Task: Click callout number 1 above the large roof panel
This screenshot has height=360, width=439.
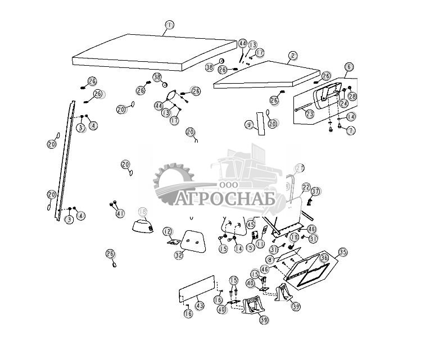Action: point(169,25)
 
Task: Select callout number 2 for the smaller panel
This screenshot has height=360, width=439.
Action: point(293,56)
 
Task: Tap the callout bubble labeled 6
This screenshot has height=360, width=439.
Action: point(349,67)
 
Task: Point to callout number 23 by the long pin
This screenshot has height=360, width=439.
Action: point(310,113)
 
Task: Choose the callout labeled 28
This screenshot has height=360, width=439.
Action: point(352,97)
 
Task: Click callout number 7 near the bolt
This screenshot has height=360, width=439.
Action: point(351,130)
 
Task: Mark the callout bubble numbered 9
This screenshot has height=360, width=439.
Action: point(248,124)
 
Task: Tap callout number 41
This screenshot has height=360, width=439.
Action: point(119,213)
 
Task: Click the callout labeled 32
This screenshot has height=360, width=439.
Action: point(178,255)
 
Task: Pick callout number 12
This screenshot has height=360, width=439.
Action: point(168,231)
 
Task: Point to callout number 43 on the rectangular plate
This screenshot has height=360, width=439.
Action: point(200,306)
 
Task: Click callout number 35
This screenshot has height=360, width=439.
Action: point(342,252)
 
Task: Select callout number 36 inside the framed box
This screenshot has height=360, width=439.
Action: point(324,258)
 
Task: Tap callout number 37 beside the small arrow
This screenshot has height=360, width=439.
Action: point(316,192)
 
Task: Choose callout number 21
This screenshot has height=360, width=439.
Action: point(300,168)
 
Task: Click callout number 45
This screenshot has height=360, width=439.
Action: point(251,224)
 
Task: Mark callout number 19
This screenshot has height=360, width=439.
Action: point(294,238)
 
